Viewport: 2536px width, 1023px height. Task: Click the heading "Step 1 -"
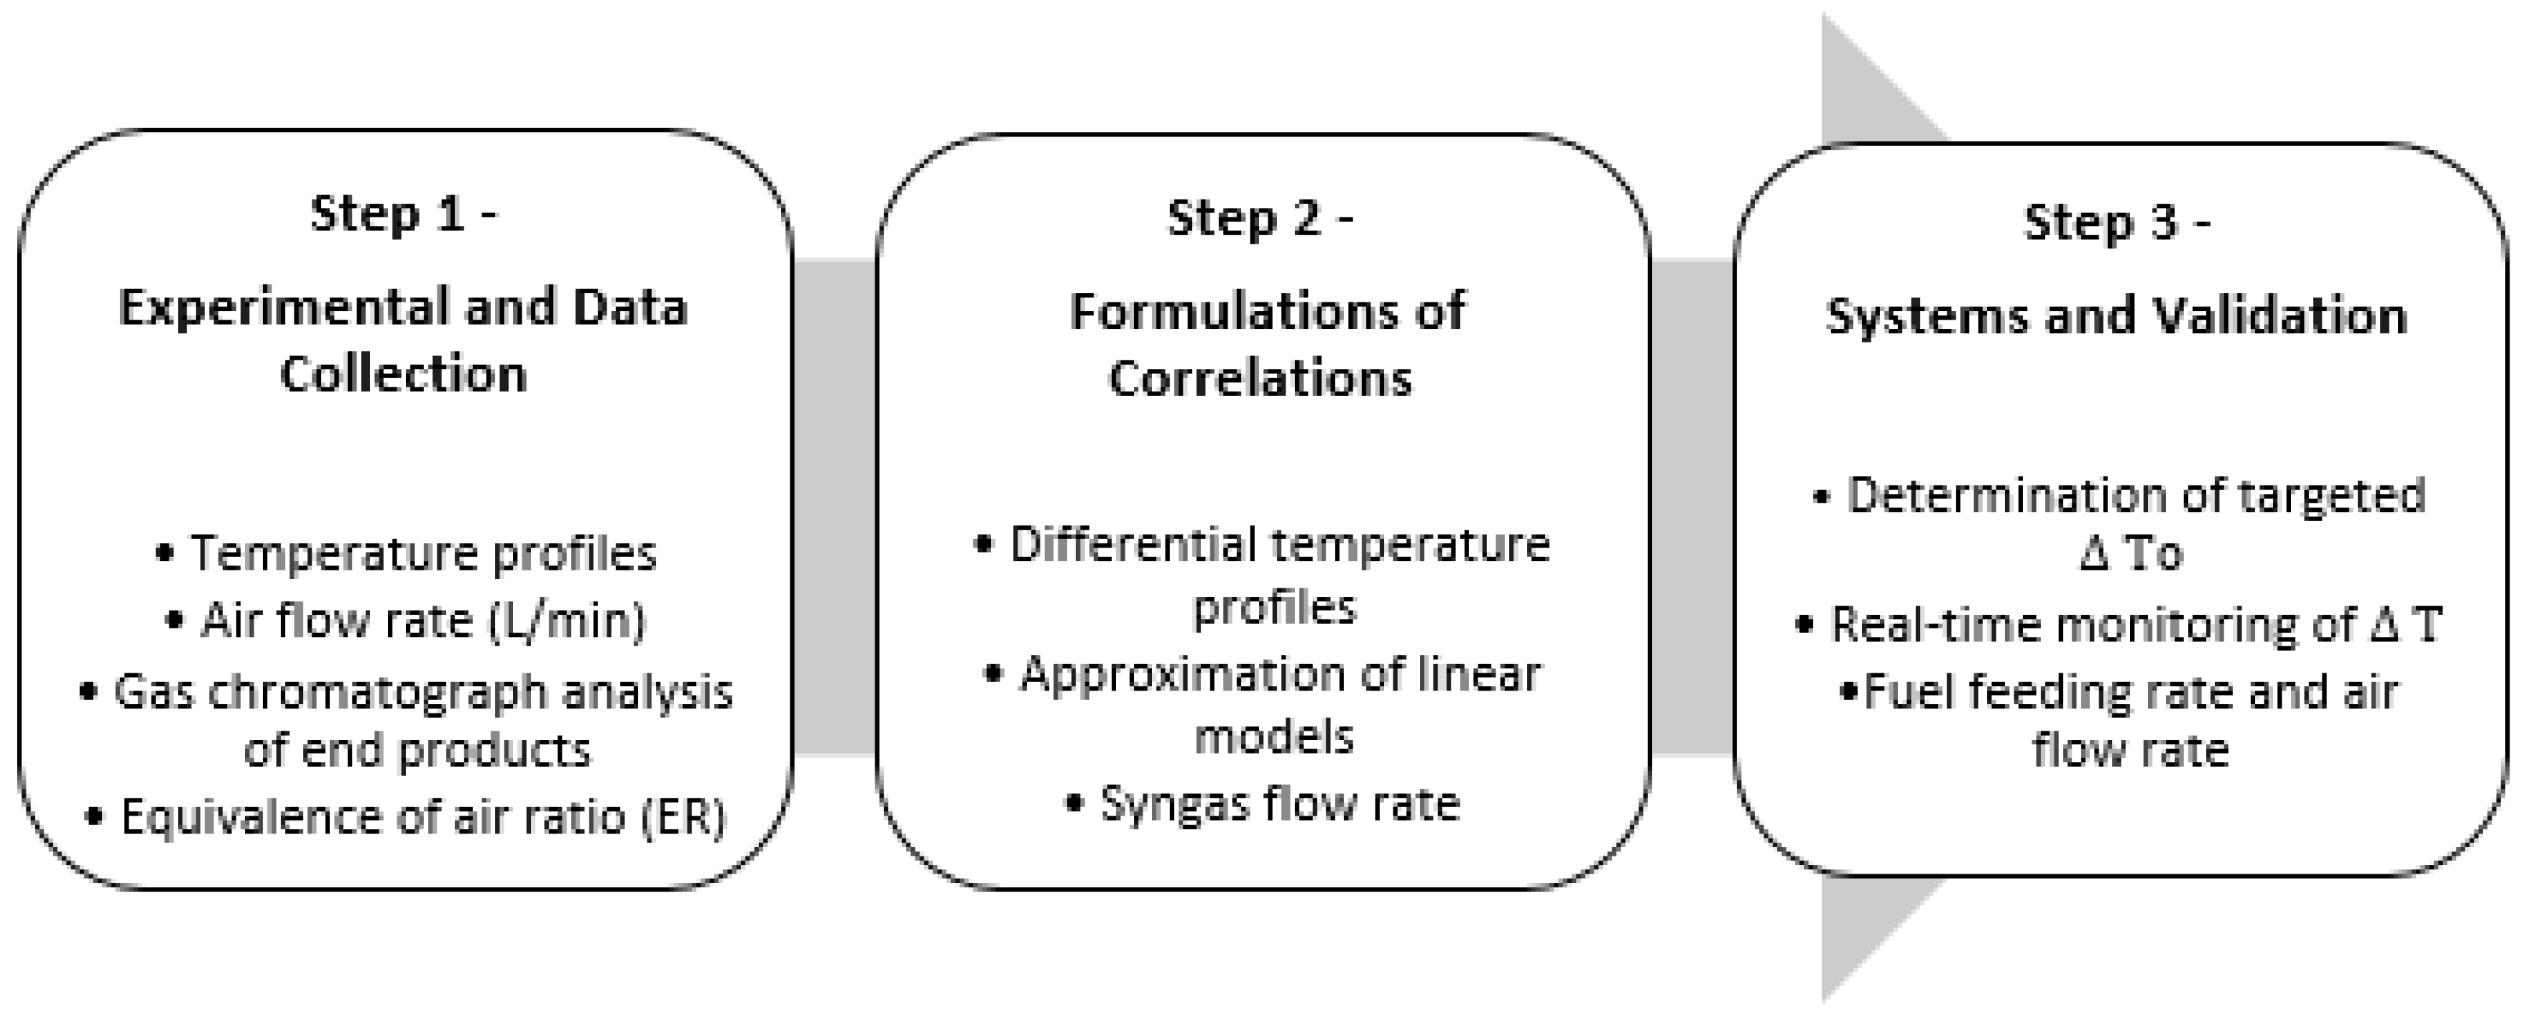(x=404, y=214)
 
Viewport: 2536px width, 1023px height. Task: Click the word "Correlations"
(x=1260, y=379)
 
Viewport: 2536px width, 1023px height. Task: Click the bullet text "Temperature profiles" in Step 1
(x=423, y=553)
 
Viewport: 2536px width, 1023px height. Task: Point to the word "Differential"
(x=1136, y=545)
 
